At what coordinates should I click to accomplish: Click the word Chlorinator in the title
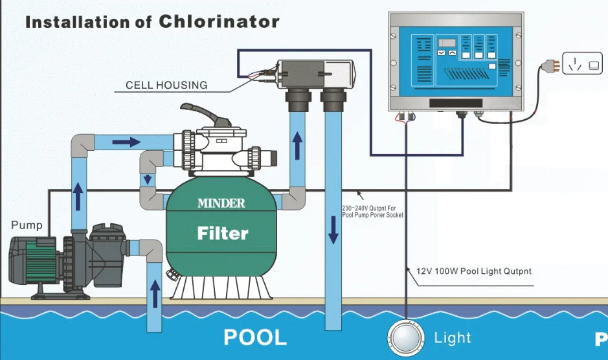(x=219, y=21)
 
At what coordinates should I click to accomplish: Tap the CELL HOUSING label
(x=166, y=85)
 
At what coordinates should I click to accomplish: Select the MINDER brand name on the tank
(x=221, y=203)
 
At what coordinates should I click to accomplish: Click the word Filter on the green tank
(x=223, y=232)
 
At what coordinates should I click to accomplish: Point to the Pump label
(x=27, y=225)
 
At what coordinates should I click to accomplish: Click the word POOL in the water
(x=254, y=337)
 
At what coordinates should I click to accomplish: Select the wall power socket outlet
(x=581, y=64)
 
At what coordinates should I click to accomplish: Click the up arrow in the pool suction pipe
(x=155, y=294)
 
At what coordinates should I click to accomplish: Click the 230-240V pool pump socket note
(x=372, y=212)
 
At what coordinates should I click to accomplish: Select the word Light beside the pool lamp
(x=453, y=338)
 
